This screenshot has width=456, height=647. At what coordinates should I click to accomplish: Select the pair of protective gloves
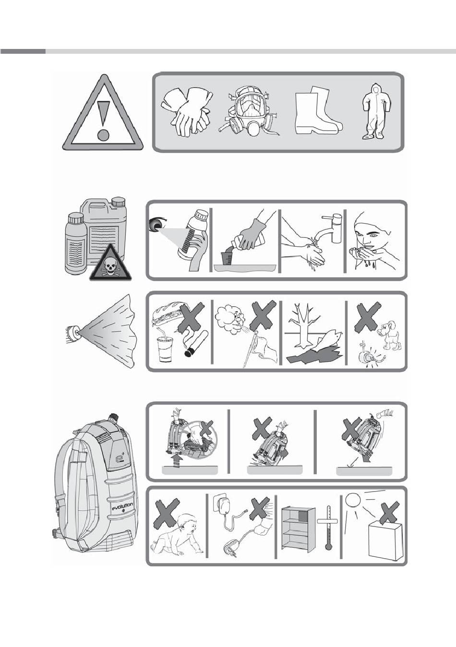click(x=187, y=111)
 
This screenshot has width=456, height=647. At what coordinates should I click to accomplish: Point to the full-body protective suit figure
click(x=373, y=112)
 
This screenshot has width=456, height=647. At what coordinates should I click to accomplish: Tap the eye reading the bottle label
click(x=157, y=225)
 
